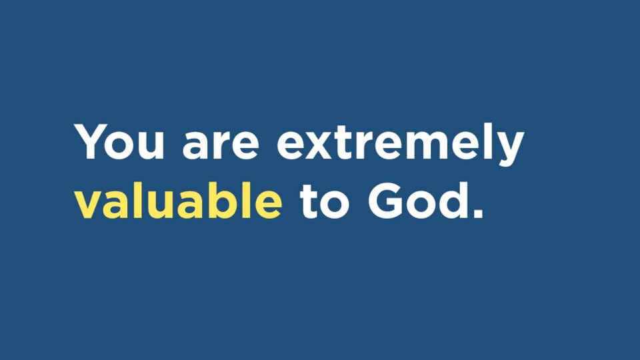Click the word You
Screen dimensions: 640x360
119,141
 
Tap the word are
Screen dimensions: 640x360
221,145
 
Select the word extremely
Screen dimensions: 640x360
400,143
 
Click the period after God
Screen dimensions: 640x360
479,213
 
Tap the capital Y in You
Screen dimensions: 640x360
91,141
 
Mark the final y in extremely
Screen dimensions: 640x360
510,149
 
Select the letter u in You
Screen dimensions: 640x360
151,146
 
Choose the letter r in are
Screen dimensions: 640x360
221,145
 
